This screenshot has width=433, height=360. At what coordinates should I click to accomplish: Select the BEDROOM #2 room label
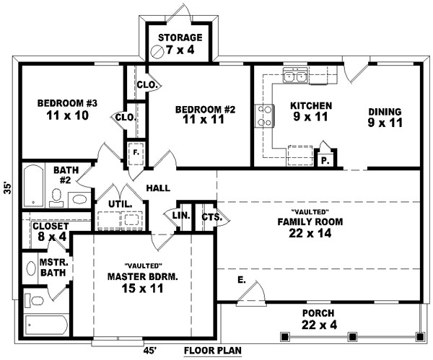205,115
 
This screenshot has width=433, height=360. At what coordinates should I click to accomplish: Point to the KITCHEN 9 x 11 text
311,111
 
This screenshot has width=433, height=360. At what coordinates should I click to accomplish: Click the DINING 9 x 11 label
384,117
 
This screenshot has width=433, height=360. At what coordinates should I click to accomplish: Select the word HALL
158,188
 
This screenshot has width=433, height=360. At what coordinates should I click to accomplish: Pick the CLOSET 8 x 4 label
51,231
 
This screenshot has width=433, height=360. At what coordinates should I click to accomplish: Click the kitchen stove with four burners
264,115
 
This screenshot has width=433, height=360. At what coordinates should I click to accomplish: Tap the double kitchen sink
297,76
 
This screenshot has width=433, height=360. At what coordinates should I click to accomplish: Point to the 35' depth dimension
7,187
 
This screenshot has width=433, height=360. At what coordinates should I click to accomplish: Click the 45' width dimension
150,351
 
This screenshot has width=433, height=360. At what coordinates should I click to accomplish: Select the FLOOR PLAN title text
212,351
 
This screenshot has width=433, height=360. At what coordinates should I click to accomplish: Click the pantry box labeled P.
324,159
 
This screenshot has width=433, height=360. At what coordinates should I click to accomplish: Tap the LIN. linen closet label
180,215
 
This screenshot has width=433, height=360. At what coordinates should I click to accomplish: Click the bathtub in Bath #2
32,186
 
